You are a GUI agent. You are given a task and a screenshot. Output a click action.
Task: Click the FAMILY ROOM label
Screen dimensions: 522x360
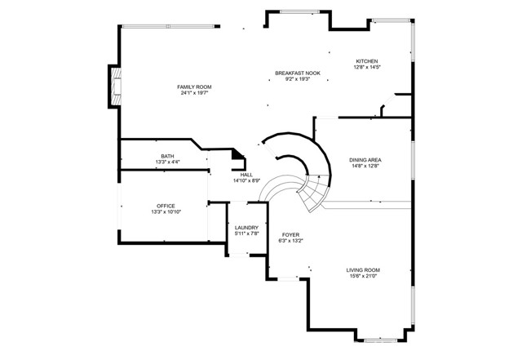(x=194, y=87)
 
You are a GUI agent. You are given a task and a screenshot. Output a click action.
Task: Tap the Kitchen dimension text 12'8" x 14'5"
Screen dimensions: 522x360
(x=367, y=67)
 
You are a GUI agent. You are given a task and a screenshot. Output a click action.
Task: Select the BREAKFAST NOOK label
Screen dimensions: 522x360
(x=298, y=73)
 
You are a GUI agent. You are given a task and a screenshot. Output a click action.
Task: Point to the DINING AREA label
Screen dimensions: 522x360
(x=365, y=160)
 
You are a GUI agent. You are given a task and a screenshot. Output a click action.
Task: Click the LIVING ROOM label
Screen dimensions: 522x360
(x=363, y=270)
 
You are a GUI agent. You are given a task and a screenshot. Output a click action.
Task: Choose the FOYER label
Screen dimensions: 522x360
(x=290, y=235)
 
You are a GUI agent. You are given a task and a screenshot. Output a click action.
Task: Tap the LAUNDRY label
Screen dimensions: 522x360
(x=246, y=228)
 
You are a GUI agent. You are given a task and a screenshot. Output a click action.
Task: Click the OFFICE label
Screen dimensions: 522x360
(x=166, y=206)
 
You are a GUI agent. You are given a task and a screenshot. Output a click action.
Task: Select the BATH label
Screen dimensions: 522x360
(x=167, y=156)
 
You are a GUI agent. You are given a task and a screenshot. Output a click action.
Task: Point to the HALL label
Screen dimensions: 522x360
(x=246, y=175)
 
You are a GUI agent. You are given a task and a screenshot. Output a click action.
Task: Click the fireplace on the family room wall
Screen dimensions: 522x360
(x=116, y=87)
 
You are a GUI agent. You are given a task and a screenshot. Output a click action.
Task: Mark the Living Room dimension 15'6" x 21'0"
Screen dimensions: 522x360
(x=363, y=276)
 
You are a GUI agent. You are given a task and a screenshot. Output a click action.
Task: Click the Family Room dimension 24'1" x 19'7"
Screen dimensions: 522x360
(x=194, y=93)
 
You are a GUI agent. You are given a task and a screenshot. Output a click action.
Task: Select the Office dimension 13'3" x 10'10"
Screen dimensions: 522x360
(x=166, y=212)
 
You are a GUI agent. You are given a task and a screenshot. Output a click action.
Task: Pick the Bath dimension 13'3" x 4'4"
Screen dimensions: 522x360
(x=167, y=162)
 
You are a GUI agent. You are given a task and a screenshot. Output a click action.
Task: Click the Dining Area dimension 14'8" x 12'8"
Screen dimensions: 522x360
(x=365, y=166)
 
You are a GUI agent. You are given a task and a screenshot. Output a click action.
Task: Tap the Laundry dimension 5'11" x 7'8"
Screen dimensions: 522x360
(x=246, y=234)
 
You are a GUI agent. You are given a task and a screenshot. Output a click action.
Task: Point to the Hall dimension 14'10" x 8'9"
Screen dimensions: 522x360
(x=246, y=180)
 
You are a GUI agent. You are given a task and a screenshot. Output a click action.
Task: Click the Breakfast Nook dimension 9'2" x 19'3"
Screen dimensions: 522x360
(x=298, y=79)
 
